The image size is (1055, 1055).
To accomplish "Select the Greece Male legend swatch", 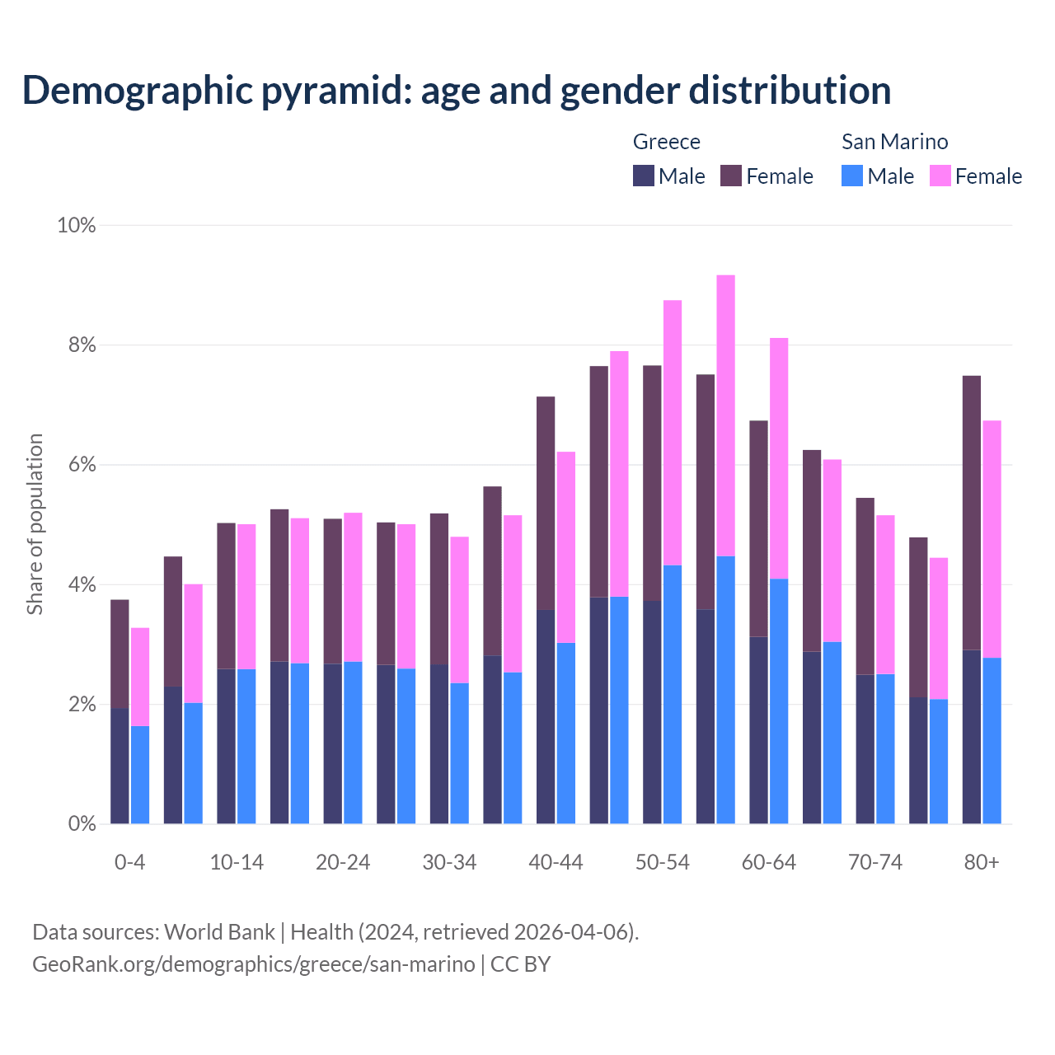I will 643,176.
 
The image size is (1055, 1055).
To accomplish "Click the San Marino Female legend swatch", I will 940,176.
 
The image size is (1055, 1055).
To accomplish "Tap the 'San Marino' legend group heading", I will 894,142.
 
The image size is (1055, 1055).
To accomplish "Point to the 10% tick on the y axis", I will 76,225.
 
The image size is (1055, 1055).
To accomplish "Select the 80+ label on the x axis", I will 981,862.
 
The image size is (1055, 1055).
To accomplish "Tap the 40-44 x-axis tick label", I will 556,862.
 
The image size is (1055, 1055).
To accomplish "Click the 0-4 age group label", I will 129,862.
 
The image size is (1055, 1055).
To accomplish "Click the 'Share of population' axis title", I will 35,524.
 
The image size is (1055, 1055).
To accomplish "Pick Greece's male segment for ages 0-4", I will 120,766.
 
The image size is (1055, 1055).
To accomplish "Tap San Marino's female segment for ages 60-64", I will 779,458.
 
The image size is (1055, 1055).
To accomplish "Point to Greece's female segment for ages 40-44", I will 546,503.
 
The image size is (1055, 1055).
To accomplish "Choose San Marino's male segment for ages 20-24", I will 353,742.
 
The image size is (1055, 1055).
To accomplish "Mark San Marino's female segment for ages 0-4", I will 140,677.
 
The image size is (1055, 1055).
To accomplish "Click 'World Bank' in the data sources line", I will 219,932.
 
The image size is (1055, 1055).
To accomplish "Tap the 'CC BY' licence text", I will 520,964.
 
